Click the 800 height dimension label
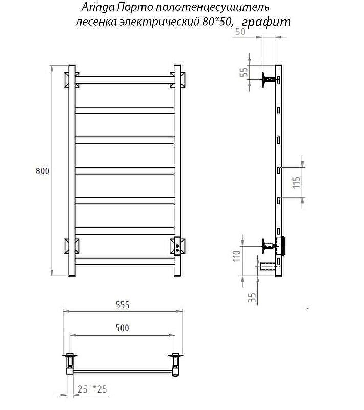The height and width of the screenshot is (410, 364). [x=43, y=171]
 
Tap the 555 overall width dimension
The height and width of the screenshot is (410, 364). [x=123, y=305]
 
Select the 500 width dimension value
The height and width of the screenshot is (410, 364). [x=122, y=328]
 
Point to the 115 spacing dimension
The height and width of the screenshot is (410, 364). [x=296, y=182]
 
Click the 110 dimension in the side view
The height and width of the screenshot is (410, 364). [x=237, y=256]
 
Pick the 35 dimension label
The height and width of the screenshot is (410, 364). [x=252, y=297]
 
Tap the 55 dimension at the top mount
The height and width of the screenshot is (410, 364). [x=244, y=72]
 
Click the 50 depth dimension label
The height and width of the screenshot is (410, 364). [x=240, y=32]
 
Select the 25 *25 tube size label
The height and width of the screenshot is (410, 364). [x=92, y=389]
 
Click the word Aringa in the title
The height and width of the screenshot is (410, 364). [x=98, y=7]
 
